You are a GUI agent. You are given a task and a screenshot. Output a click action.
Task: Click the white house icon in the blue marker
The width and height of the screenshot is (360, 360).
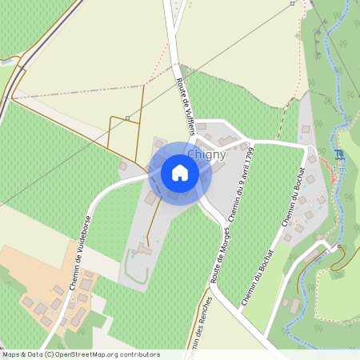pyautogui.click(x=179, y=172)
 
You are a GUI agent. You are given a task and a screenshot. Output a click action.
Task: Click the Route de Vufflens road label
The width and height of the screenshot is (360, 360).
pyautogui.click(x=185, y=100)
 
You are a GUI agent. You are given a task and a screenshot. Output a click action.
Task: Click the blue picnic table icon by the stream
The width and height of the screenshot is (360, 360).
pyautogui.click(x=340, y=154)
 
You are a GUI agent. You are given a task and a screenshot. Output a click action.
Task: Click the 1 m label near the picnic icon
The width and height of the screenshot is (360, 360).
pyautogui.click(x=342, y=167)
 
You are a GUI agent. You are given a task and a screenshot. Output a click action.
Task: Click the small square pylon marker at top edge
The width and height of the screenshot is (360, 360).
pyautogui.click(x=292, y=3)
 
